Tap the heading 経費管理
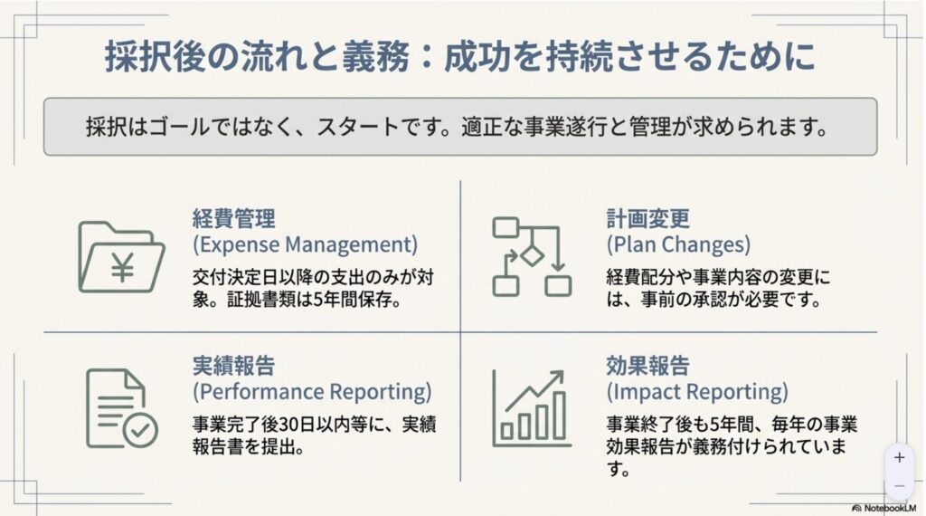234,219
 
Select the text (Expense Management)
306,244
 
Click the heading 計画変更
647,219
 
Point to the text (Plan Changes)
678,244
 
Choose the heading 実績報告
234,366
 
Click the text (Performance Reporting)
312,392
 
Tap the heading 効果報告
647,366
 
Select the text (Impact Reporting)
697,392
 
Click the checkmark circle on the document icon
140,430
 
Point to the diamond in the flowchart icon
532,256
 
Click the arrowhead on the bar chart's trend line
557,377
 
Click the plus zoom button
900,457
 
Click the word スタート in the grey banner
358,127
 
